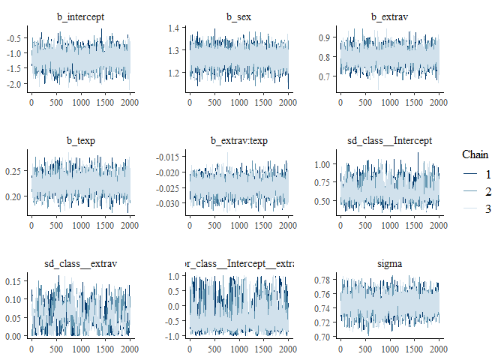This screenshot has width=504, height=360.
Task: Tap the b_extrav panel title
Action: click(x=389, y=16)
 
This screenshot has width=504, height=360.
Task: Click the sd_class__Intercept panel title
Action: click(x=389, y=139)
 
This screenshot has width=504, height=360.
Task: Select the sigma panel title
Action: click(x=389, y=263)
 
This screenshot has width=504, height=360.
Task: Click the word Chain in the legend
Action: click(x=475, y=154)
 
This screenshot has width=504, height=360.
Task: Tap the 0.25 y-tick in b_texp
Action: click(x=15, y=171)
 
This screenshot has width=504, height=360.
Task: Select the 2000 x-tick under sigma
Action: click(x=438, y=349)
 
